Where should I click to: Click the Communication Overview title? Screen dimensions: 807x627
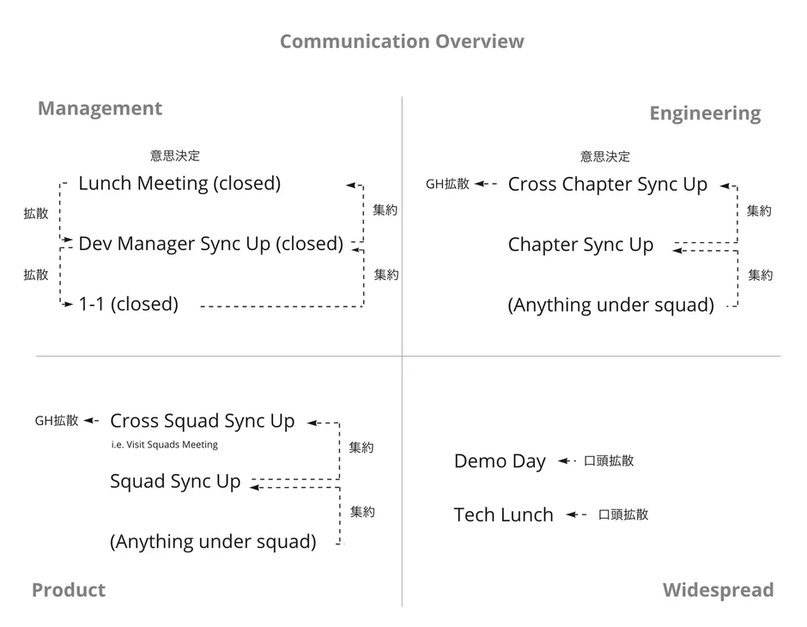click(402, 41)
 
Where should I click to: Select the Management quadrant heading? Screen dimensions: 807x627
click(100, 108)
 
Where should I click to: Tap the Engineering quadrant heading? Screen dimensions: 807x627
click(705, 113)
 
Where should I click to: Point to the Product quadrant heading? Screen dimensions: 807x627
click(69, 589)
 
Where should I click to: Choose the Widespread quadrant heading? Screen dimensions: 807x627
click(718, 589)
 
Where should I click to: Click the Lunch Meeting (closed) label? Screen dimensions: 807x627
click(179, 183)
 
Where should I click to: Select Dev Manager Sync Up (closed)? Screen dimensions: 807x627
click(211, 243)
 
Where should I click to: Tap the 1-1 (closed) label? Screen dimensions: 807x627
click(129, 304)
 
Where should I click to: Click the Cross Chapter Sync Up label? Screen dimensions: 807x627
click(607, 185)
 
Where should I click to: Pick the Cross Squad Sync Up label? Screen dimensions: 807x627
click(203, 421)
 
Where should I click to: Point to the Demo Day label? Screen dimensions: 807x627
click(500, 461)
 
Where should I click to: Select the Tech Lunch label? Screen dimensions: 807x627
click(503, 514)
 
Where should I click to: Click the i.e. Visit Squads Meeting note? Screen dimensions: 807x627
click(164, 444)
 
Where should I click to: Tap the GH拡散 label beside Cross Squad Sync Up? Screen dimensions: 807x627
click(57, 421)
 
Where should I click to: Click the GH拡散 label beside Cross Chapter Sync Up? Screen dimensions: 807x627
click(447, 184)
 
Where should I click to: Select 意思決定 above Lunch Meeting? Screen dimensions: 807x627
click(175, 155)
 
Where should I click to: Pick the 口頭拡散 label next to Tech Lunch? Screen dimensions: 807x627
click(623, 514)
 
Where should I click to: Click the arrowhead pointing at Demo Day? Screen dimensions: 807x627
click(563, 460)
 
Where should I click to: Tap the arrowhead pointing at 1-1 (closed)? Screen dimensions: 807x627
click(68, 304)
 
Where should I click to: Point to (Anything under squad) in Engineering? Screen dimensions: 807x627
click(611, 305)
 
